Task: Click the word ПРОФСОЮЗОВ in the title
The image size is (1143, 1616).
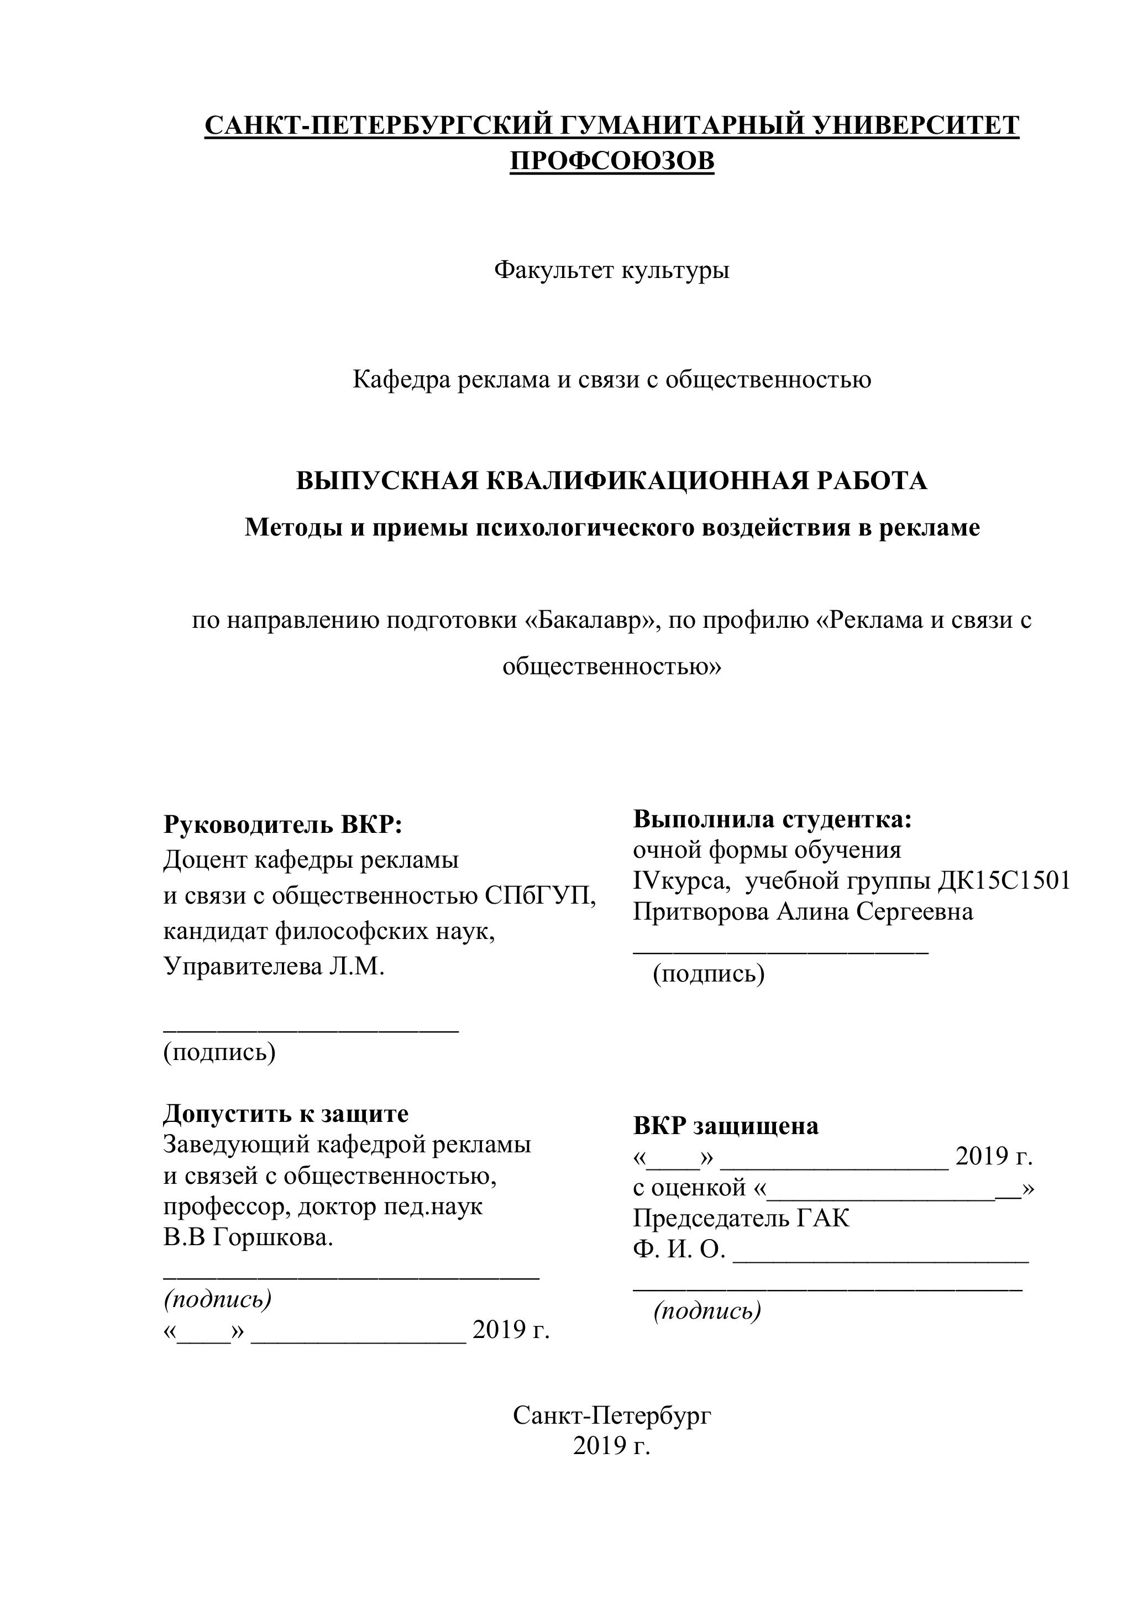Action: coord(612,161)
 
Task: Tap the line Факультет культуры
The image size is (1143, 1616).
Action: coord(612,270)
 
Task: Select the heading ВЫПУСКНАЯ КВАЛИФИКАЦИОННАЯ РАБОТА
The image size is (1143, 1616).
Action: coord(612,481)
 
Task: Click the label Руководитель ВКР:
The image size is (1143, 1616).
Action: coord(283,824)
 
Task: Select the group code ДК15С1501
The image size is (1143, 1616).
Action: coord(1004,880)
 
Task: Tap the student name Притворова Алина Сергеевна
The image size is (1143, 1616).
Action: coord(803,911)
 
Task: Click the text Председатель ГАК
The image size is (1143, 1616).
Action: coord(741,1218)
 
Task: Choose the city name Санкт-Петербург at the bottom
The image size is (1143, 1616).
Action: coord(612,1415)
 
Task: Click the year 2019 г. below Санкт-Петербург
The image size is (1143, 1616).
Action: coord(612,1446)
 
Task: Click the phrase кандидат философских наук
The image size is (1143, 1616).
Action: coord(329,931)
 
